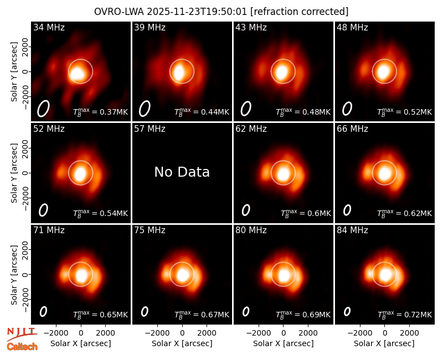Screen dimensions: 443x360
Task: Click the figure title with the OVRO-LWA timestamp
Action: pos(221,12)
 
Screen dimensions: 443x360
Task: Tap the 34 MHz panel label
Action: pos(49,27)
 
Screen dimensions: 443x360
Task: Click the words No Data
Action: pos(182,172)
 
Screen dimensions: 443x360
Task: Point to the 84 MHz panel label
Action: pos(352,230)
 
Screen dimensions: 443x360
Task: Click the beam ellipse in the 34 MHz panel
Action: pos(44,109)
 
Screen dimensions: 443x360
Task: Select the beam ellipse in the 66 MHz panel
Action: pos(347,210)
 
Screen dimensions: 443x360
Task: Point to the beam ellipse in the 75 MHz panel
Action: pos(145,312)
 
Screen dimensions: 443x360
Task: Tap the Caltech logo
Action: pos(22,347)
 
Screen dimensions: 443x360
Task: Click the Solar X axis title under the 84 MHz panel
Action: pos(384,343)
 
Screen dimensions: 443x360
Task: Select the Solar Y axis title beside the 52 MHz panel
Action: pos(14,173)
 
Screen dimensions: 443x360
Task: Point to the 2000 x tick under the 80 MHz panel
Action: pos(308,333)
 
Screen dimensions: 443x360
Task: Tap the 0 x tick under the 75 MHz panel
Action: pos(182,333)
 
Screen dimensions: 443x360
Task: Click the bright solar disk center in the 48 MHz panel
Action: pos(384,71)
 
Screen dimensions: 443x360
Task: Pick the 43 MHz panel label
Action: pos(251,27)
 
